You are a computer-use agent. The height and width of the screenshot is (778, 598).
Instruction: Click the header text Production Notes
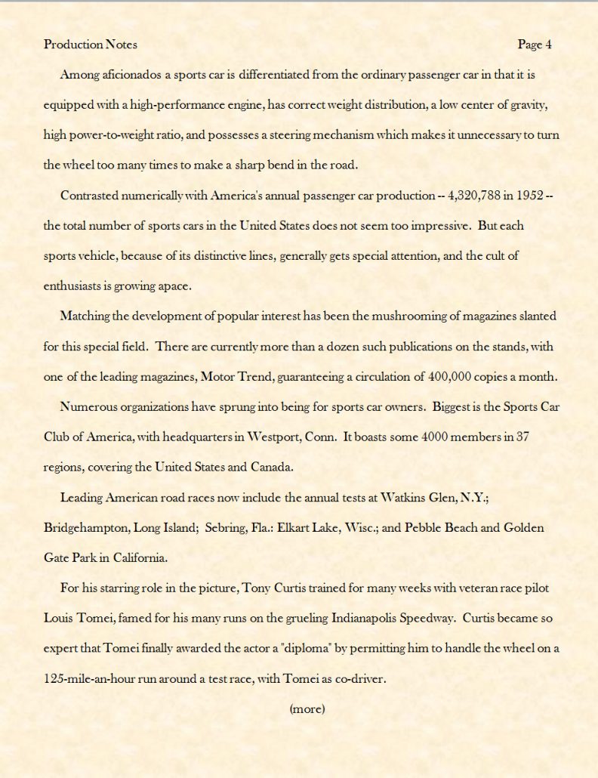91,45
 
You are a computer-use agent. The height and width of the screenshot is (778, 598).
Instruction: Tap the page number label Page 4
535,45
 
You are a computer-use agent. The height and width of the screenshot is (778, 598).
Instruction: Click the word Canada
270,467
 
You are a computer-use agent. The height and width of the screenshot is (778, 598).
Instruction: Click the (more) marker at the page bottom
307,709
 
